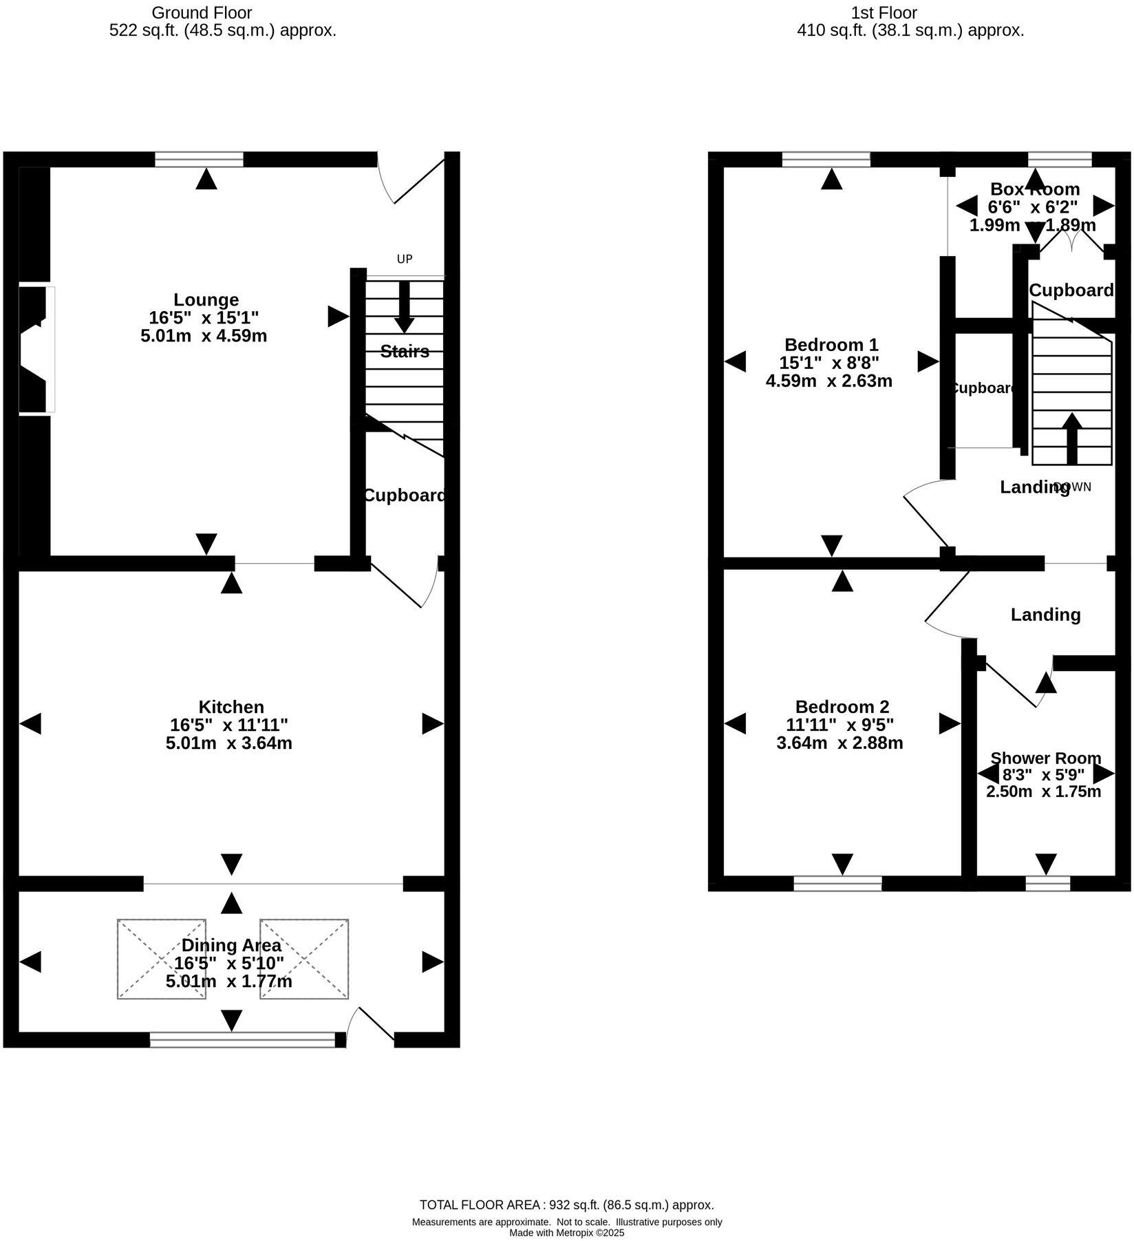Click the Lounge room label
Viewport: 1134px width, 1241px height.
tap(206, 300)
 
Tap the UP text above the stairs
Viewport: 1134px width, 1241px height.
tap(405, 259)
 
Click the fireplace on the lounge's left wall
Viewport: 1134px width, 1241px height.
tap(36, 350)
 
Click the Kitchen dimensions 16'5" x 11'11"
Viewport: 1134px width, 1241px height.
tap(228, 725)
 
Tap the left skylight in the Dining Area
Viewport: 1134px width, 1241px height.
tap(162, 959)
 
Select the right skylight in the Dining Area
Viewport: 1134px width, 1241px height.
tap(304, 959)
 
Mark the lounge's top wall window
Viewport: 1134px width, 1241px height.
tap(199, 160)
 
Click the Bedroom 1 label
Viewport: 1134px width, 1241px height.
tap(831, 345)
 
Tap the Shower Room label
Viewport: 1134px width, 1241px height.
tap(1045, 759)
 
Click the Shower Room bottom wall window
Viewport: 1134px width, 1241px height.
tap(1047, 883)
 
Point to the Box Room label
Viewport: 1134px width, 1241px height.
tap(1034, 189)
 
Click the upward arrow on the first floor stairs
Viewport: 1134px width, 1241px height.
tap(1071, 438)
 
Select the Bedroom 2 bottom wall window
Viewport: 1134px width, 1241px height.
tap(837, 883)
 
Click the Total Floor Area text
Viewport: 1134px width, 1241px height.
tap(566, 1205)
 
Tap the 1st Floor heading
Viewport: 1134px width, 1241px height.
tap(884, 13)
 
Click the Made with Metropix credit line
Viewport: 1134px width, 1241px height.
tap(566, 1233)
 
